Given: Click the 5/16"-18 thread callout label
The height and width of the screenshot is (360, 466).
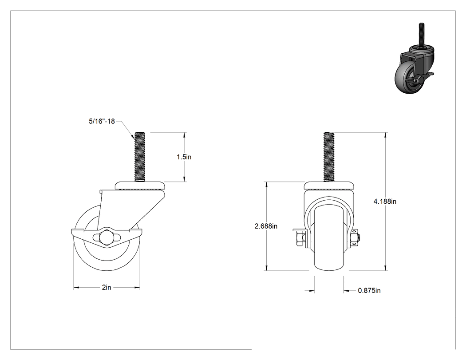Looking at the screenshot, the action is [102, 121].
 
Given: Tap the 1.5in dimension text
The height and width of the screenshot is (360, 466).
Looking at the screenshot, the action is [184, 157].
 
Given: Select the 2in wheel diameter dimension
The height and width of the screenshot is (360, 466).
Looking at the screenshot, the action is [107, 288].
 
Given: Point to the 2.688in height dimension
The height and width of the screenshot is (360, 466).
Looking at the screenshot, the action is [266, 226].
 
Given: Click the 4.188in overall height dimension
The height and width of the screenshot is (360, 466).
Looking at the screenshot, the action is [385, 201].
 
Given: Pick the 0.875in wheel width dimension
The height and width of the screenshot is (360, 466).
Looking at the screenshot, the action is [369, 290].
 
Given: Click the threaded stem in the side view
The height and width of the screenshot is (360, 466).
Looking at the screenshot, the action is [139, 157].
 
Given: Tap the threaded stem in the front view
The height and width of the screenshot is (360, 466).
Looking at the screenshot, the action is [329, 157].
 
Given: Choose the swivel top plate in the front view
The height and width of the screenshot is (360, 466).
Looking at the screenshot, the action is [329, 185].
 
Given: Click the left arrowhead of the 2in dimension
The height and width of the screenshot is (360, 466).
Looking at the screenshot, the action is [76, 288].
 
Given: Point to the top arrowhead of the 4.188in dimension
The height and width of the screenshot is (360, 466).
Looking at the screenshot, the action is [386, 135].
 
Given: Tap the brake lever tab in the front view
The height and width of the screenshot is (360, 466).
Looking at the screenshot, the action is [299, 230].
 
